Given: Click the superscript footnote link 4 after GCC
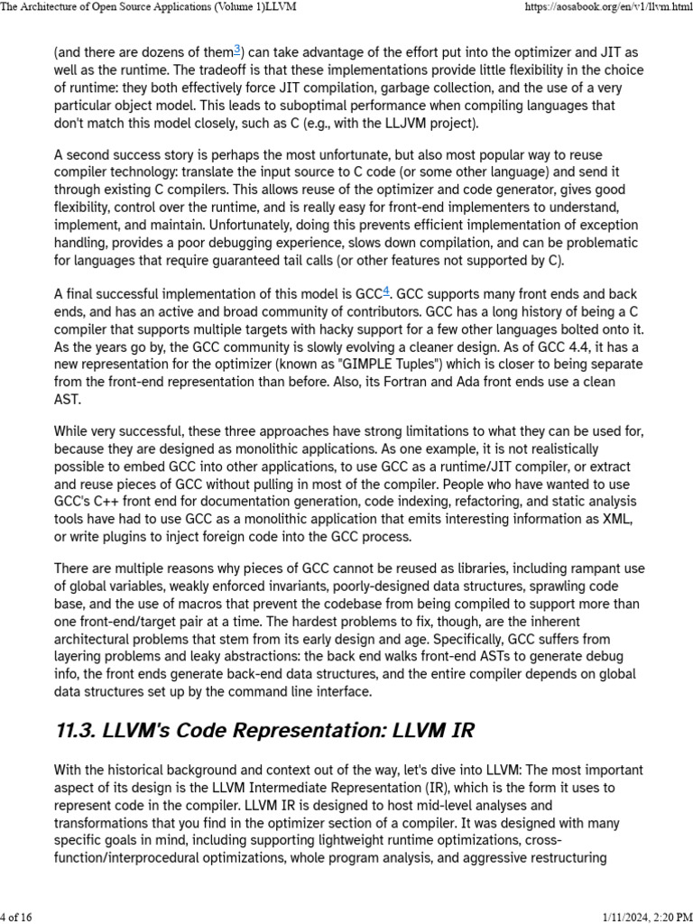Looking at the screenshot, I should coord(386,291).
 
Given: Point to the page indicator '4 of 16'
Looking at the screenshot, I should coord(19,917).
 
